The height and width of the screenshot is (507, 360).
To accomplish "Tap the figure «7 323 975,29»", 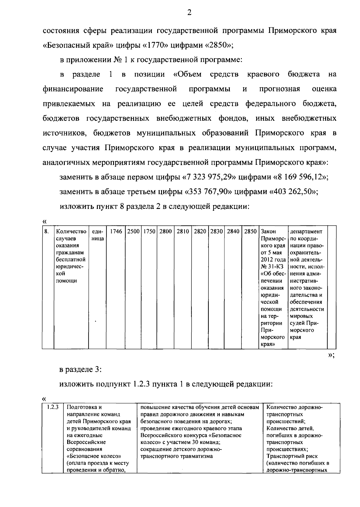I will coord(210,177).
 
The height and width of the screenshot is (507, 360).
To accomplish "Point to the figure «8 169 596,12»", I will coord(301,177).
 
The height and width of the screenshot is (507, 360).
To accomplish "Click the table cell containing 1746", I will coord(116,232).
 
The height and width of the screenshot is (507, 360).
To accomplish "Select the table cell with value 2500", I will coord(133,232).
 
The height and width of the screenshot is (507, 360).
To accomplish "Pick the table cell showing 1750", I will coord(149,232).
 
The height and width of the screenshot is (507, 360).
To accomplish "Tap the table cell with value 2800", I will coord(166,232).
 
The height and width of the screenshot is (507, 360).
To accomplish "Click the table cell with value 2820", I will coord(200,232).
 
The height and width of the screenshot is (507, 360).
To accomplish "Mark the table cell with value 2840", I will coord(233,232).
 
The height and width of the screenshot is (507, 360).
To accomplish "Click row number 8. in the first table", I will coord(46,232).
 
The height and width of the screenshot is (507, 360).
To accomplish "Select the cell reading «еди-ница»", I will coord(97,235).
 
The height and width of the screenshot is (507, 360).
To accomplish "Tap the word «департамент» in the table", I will coord(306,232).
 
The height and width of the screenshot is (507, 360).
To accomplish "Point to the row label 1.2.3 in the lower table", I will coord(53,408).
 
